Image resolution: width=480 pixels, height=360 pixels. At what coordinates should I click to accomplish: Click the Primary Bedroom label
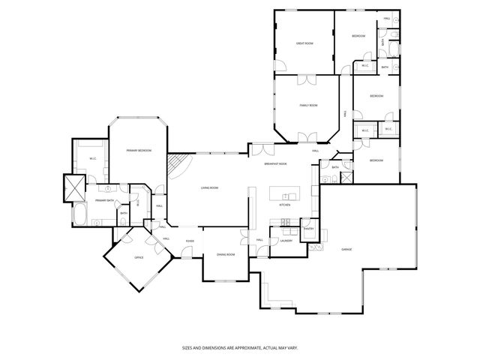[x=139, y=151]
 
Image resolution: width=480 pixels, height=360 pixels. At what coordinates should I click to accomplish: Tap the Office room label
[x=139, y=257]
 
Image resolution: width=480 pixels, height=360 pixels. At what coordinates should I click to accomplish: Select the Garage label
[x=346, y=249]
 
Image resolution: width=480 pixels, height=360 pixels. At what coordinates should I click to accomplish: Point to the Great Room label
[x=304, y=43]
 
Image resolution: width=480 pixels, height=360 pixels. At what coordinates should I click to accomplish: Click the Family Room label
[x=309, y=106]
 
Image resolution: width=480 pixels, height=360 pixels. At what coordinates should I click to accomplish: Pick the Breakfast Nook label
[x=277, y=164]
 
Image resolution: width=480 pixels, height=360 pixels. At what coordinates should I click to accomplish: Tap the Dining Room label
[x=226, y=255]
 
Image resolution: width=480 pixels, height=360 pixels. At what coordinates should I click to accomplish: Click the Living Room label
[x=209, y=187]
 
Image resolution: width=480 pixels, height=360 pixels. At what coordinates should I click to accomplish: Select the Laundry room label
[x=286, y=241]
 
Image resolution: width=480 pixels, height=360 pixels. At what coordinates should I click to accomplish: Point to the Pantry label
[x=308, y=229]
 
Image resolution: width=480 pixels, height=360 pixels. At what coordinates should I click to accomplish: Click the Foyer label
[x=190, y=240]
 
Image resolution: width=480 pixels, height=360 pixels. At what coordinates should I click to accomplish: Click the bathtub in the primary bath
[x=79, y=217]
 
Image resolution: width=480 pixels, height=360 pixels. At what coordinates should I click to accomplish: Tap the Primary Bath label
[x=104, y=201]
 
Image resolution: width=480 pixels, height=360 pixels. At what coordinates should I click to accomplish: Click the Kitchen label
[x=284, y=205]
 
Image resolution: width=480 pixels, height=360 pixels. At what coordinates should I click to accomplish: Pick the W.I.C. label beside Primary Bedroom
[x=92, y=158]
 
